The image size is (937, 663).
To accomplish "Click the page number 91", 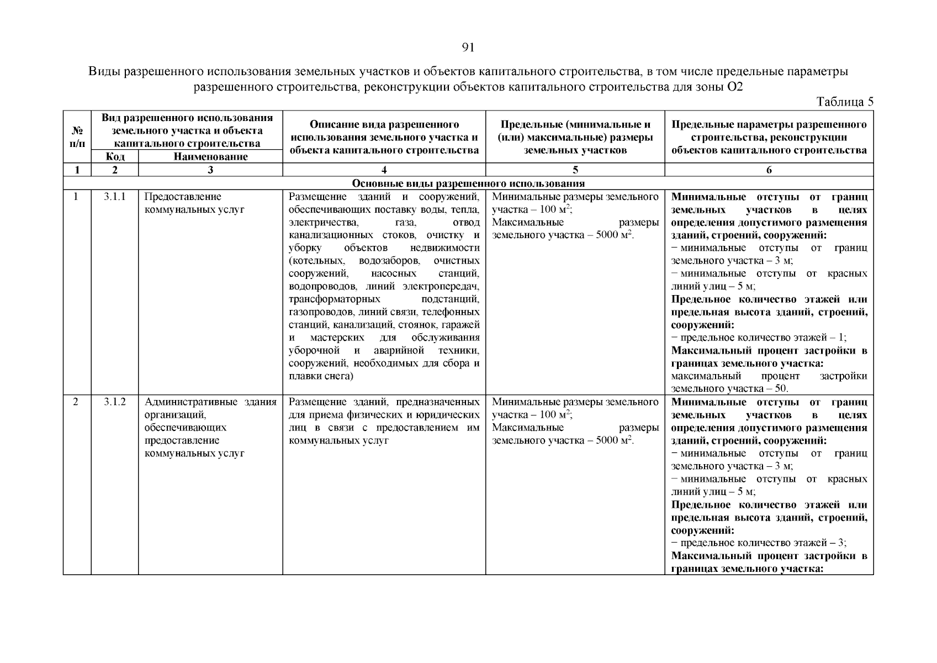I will click(468, 48).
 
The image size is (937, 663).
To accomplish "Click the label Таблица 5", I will click(844, 102).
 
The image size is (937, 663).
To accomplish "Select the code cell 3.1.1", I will click(114, 197).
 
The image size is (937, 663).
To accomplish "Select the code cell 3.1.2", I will click(114, 402).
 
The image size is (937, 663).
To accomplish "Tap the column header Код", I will click(114, 157).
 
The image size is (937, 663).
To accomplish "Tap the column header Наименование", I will click(210, 157).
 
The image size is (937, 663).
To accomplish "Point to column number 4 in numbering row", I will click(384, 171).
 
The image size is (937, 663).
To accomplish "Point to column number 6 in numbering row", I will click(769, 171).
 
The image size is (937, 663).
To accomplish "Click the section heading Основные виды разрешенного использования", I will click(468, 183).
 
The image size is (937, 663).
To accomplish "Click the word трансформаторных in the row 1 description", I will click(335, 299).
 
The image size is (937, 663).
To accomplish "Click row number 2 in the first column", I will click(76, 402).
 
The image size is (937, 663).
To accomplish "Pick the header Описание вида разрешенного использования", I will click(384, 137).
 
